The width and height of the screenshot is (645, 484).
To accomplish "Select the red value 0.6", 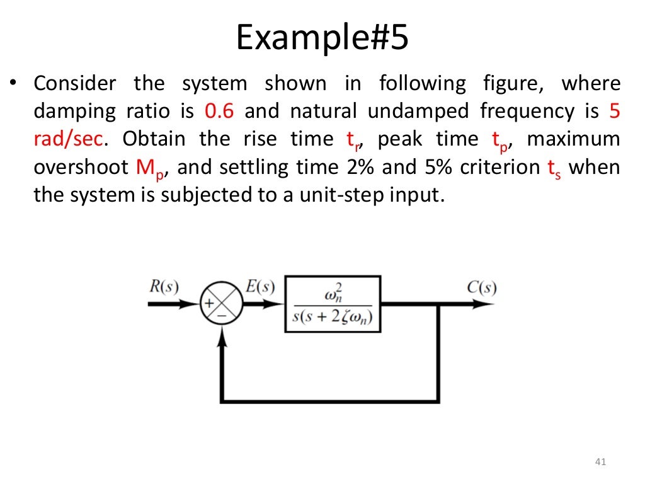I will click(x=220, y=112).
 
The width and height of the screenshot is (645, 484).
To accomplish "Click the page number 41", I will click(x=600, y=464).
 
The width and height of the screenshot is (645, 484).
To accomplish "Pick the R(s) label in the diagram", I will click(x=164, y=287).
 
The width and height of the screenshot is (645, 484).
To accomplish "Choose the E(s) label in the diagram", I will click(x=260, y=287).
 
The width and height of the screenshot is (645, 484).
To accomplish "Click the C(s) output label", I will click(x=482, y=287).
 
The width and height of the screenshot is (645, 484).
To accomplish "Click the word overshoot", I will click(x=82, y=167).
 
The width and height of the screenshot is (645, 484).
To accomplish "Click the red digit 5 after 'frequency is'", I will click(x=615, y=112).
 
